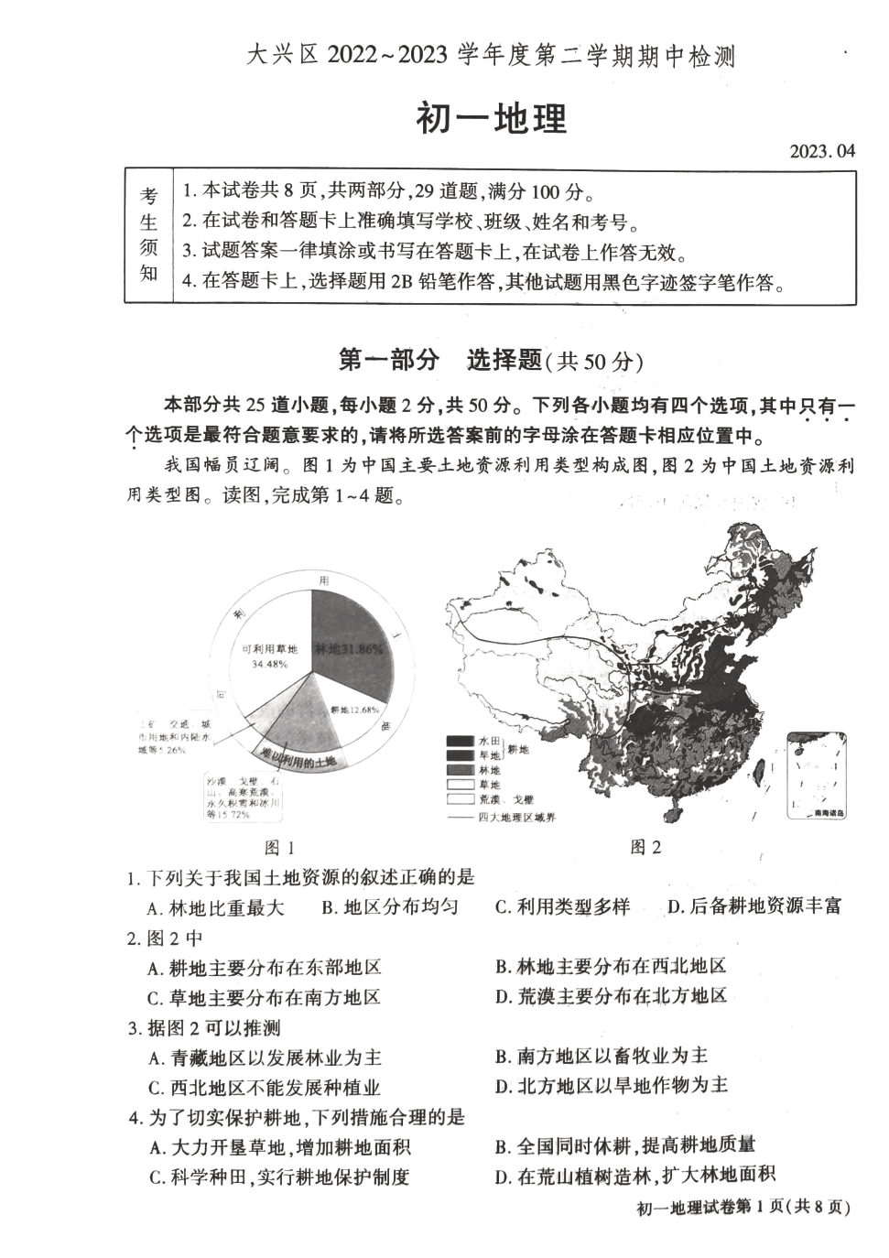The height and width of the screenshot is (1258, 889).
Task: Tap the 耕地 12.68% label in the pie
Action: tap(353, 709)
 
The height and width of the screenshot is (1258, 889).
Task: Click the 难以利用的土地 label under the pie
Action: tap(298, 759)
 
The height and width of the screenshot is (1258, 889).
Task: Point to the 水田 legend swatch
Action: tap(459, 740)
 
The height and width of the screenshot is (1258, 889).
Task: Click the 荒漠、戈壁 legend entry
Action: tap(503, 798)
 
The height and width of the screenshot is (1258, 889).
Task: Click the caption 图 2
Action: tap(645, 847)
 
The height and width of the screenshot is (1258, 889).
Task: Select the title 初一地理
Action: tap(492, 119)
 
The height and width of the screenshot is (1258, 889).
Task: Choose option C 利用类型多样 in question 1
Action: tap(562, 906)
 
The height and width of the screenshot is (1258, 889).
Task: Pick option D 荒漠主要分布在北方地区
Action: tap(611, 995)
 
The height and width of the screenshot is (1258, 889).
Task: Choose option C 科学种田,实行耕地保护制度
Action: tap(279, 1177)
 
